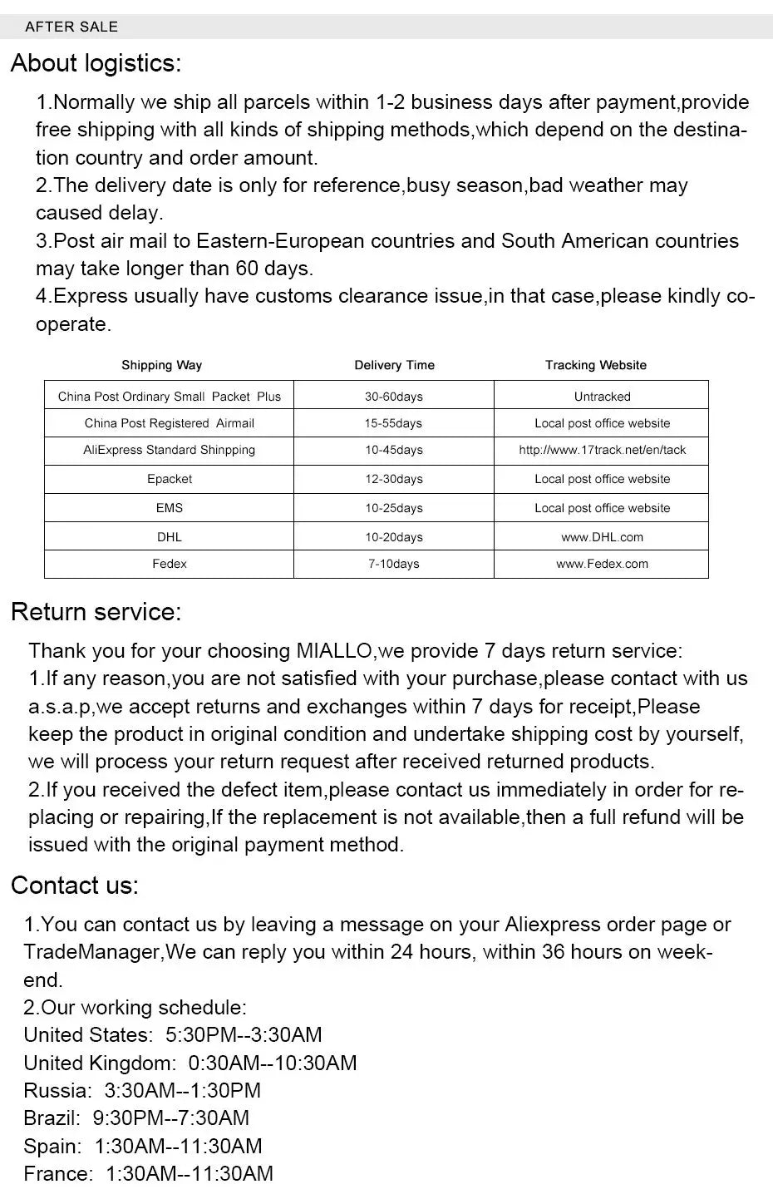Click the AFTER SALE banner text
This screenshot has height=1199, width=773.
click(x=71, y=27)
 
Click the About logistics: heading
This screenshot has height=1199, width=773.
click(x=96, y=63)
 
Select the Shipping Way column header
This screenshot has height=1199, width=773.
click(x=161, y=365)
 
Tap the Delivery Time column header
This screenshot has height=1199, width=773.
click(x=394, y=365)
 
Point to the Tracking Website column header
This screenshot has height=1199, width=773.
click(x=595, y=365)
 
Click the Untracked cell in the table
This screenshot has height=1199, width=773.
click(x=602, y=397)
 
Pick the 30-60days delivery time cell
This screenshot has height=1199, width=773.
click(x=393, y=397)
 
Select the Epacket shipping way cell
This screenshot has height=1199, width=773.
click(x=170, y=479)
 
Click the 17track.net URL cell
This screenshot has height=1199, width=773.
click(x=602, y=450)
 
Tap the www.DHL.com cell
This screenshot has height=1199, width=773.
click(x=602, y=537)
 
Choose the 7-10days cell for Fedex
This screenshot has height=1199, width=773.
click(x=393, y=564)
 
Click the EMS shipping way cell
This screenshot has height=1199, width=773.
click(x=170, y=508)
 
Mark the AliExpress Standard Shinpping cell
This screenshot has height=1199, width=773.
click(x=169, y=450)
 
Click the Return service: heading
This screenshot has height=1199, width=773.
click(x=96, y=612)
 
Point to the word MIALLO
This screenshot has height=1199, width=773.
click(x=334, y=651)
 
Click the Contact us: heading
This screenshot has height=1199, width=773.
click(x=75, y=886)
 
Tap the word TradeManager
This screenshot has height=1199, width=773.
click(x=91, y=952)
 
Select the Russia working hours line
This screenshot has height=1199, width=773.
click(x=142, y=1090)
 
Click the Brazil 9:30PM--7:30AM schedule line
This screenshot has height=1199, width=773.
click(x=136, y=1118)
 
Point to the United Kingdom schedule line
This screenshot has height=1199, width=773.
click(x=190, y=1063)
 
